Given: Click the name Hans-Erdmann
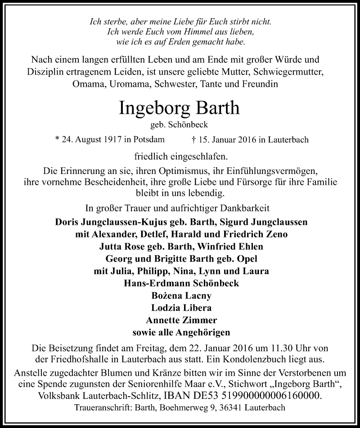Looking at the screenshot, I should [x=156, y=284].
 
